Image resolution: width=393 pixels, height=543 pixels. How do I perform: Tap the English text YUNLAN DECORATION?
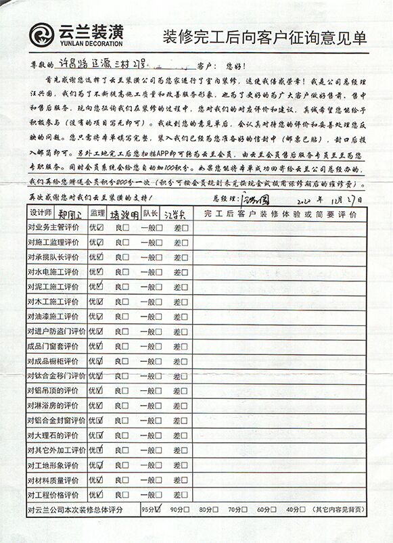coord(91,44)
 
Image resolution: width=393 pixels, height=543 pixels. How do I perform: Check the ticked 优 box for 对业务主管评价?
coord(100,228)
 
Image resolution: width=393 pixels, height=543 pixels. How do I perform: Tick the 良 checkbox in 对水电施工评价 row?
coord(126,272)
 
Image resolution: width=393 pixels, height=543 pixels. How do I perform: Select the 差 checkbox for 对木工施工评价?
coord(185,302)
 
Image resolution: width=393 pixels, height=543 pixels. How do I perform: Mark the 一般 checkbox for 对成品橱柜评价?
coord(159,361)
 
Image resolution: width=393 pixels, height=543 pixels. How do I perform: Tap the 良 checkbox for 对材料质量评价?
coord(126,480)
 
